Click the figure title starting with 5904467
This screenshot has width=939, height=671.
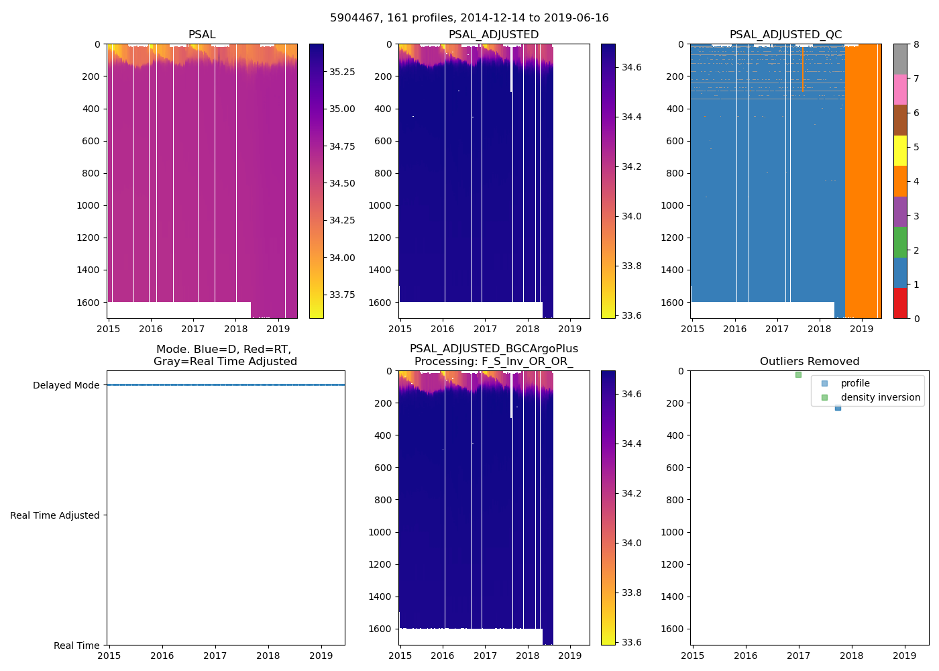tap(469, 18)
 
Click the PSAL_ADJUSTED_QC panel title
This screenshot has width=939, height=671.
tap(785, 35)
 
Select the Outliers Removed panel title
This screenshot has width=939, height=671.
tap(809, 362)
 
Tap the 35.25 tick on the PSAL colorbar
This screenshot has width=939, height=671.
tap(342, 72)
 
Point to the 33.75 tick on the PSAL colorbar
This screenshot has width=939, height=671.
tap(342, 295)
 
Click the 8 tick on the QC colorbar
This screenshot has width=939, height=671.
tap(916, 44)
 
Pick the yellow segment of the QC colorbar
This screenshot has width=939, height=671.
tap(900, 150)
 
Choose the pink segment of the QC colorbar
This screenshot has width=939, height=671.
tap(900, 89)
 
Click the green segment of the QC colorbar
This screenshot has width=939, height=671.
tap(900, 242)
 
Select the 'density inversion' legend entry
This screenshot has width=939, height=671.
tap(880, 397)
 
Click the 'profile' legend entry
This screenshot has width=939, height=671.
tap(855, 383)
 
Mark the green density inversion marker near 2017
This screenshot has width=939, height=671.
tap(798, 374)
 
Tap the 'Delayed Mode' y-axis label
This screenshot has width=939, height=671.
tap(66, 385)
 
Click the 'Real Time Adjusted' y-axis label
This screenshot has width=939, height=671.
tap(55, 515)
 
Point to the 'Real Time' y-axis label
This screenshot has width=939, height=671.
tap(76, 646)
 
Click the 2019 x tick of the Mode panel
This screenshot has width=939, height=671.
tap(321, 656)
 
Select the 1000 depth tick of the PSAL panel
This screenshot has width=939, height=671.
tap(89, 205)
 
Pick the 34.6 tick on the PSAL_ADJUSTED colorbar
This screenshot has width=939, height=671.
tap(632, 67)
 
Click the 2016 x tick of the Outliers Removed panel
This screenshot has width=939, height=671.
tap(745, 656)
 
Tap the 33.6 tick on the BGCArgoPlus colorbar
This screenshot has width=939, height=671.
tap(632, 642)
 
